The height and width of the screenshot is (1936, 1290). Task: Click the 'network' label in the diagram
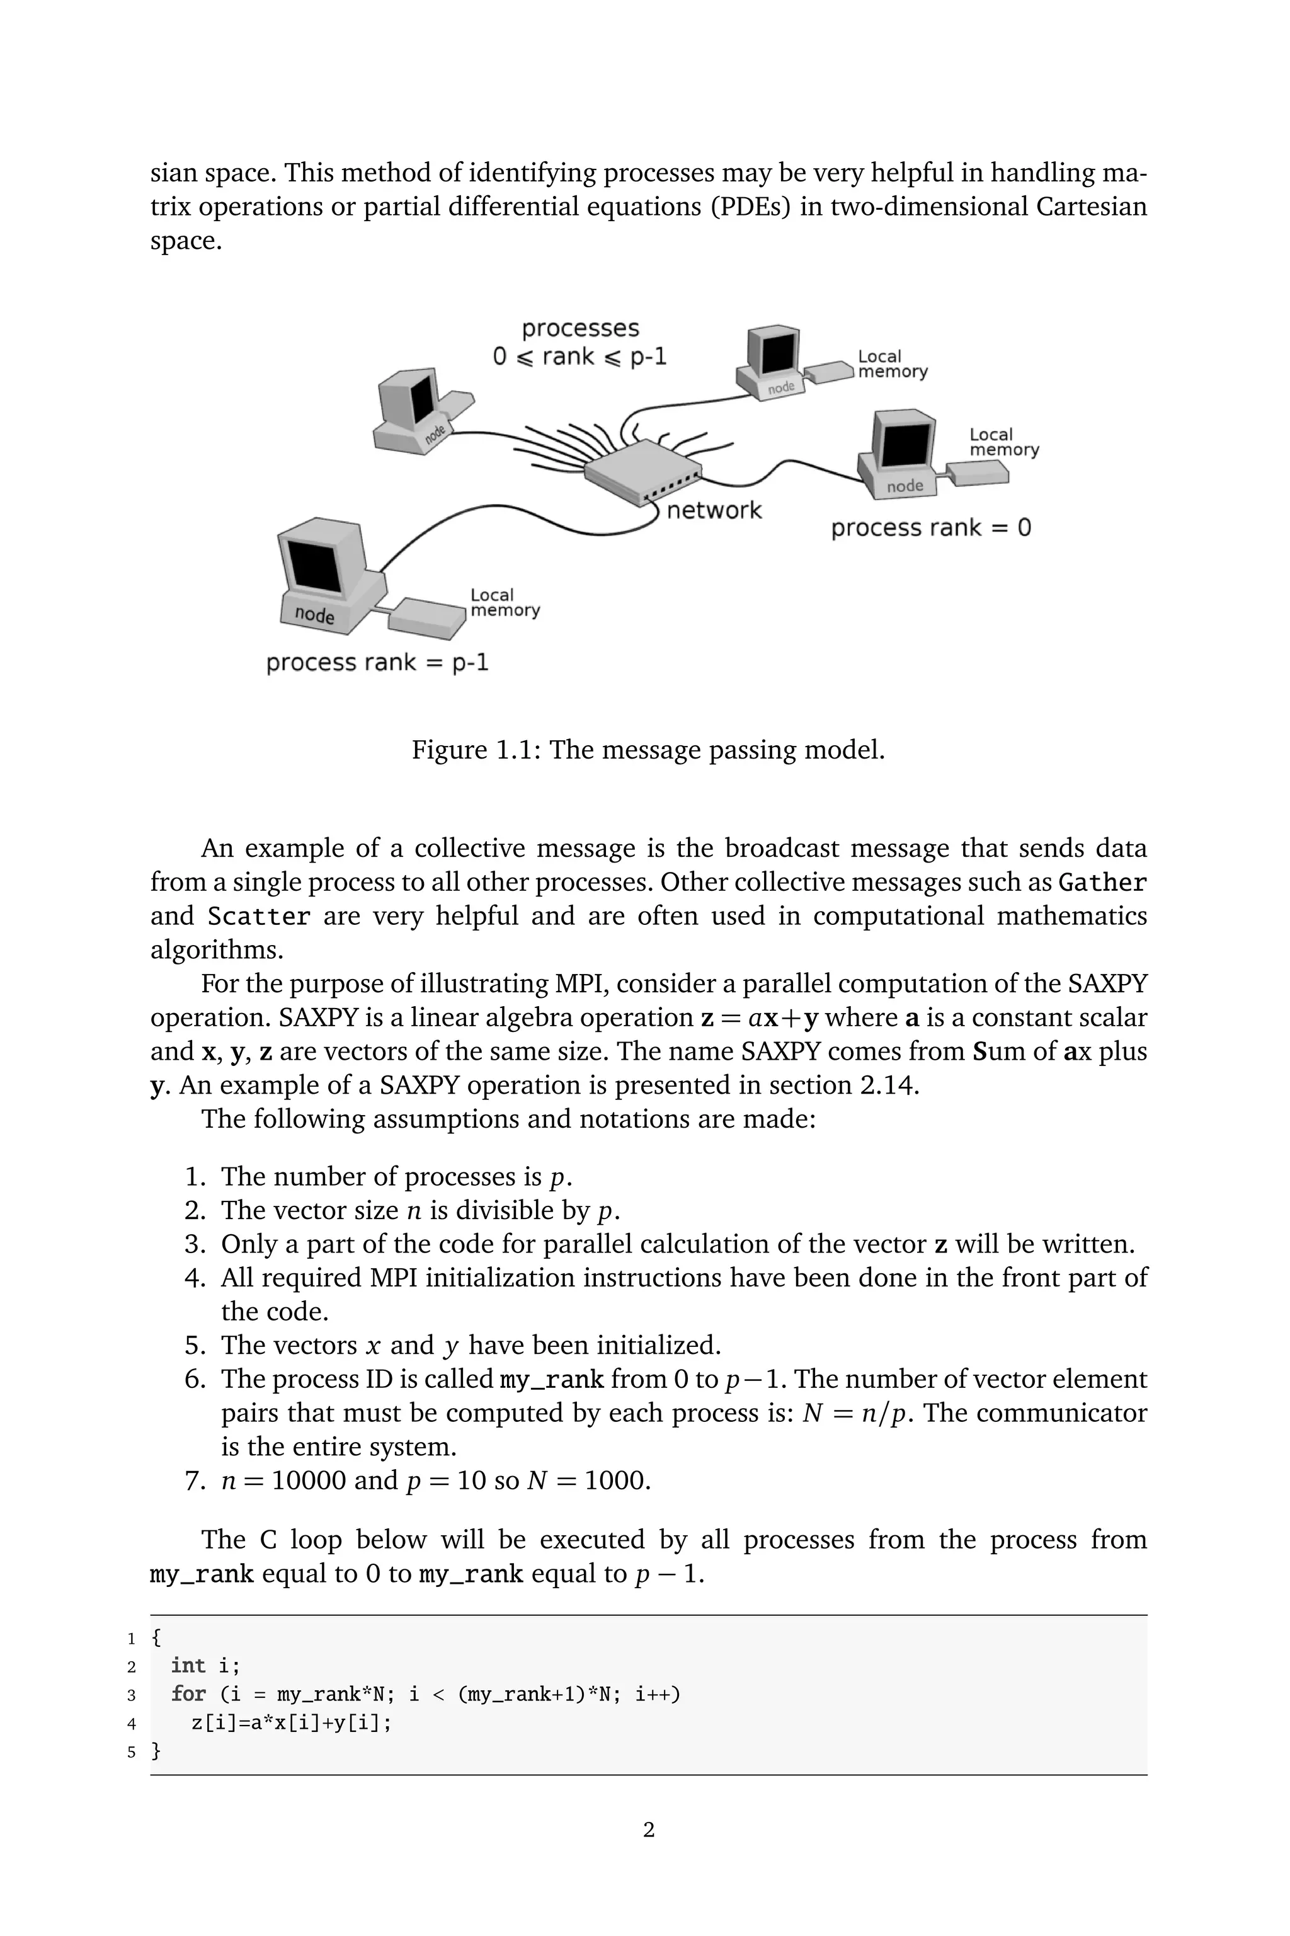coord(713,510)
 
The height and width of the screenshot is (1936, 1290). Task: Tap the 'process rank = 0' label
coord(930,527)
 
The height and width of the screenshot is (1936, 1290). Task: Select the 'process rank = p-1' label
coord(377,662)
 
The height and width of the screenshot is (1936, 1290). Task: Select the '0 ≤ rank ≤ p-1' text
coord(579,356)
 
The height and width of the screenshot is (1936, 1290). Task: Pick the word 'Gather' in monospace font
coord(1102,883)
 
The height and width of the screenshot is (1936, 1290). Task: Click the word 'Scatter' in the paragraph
coord(258,917)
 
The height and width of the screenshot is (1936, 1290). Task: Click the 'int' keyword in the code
coord(188,1666)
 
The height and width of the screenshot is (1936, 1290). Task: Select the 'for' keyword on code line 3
coord(188,1694)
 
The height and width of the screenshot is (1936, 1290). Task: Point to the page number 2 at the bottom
coord(648,1830)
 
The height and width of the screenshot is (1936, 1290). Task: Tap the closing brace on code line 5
coord(156,1751)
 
